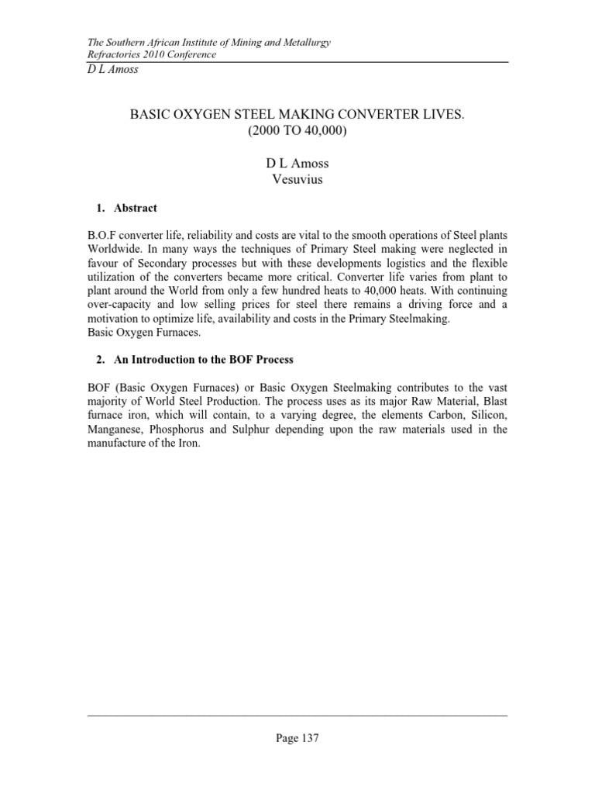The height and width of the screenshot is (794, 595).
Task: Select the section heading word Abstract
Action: click(135, 208)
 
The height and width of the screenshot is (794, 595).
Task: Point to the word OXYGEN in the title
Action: click(191, 114)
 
